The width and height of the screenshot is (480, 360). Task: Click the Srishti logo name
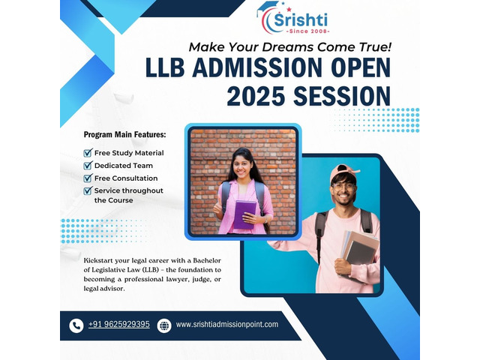pyautogui.click(x=301, y=20)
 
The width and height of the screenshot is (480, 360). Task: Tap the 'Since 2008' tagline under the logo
pyautogui.click(x=307, y=31)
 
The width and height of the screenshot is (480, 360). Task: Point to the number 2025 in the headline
pyautogui.click(x=256, y=96)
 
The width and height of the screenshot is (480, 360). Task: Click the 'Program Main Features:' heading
pyautogui.click(x=125, y=134)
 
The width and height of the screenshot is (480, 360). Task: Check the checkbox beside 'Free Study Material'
pyautogui.click(x=88, y=152)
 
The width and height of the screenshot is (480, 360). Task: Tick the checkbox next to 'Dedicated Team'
pyautogui.click(x=88, y=165)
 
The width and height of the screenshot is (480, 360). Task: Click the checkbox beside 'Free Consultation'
pyautogui.click(x=88, y=178)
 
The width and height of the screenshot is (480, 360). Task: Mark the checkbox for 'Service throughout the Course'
pyautogui.click(x=88, y=190)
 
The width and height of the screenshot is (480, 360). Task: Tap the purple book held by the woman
pyautogui.click(x=244, y=214)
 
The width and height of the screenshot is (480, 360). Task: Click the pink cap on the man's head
pyautogui.click(x=343, y=172)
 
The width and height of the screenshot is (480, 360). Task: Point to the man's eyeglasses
pyautogui.click(x=343, y=187)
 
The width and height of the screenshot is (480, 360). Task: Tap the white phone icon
pyautogui.click(x=76, y=325)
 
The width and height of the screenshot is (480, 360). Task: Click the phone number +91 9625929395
pyautogui.click(x=119, y=324)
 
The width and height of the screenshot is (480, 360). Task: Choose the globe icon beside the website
pyautogui.click(x=164, y=325)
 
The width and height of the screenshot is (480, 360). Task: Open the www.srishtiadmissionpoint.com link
pyautogui.click(x=227, y=325)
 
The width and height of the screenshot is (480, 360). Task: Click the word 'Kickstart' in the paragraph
pyautogui.click(x=97, y=260)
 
